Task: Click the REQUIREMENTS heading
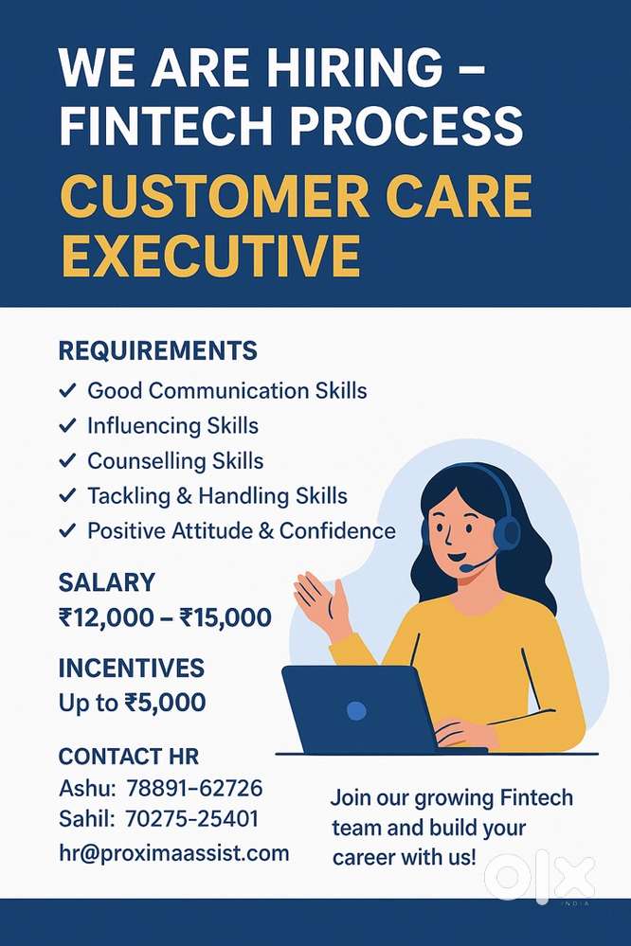point(157,351)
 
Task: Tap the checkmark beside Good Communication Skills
point(67,390)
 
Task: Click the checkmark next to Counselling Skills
point(67,461)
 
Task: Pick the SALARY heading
point(106,581)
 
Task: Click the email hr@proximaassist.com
point(173,853)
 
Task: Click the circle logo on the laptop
point(355,709)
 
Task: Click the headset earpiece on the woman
point(507,531)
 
